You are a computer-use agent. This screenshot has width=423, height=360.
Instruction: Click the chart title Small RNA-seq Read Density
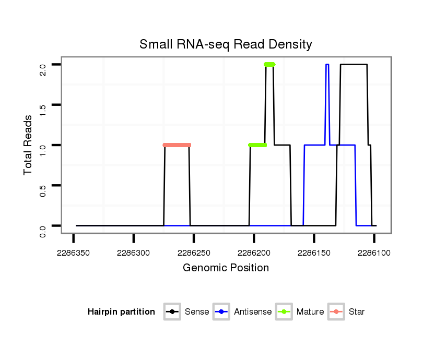226,44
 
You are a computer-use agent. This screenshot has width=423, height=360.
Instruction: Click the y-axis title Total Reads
29,145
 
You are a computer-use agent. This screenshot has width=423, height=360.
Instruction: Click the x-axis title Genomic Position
226,268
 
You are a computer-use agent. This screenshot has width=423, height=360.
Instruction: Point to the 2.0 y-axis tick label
43,65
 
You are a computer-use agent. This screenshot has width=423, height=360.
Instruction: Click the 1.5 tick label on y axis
43,105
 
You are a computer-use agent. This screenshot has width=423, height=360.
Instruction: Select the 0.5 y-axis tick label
43,185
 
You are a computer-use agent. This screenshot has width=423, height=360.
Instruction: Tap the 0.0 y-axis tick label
43,225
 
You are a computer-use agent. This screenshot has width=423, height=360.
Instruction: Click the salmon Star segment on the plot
177,145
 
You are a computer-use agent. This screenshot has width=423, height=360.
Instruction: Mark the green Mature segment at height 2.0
269,65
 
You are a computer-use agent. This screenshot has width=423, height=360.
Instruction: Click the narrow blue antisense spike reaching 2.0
327,65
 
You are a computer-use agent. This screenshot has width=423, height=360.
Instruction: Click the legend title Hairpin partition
121,312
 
